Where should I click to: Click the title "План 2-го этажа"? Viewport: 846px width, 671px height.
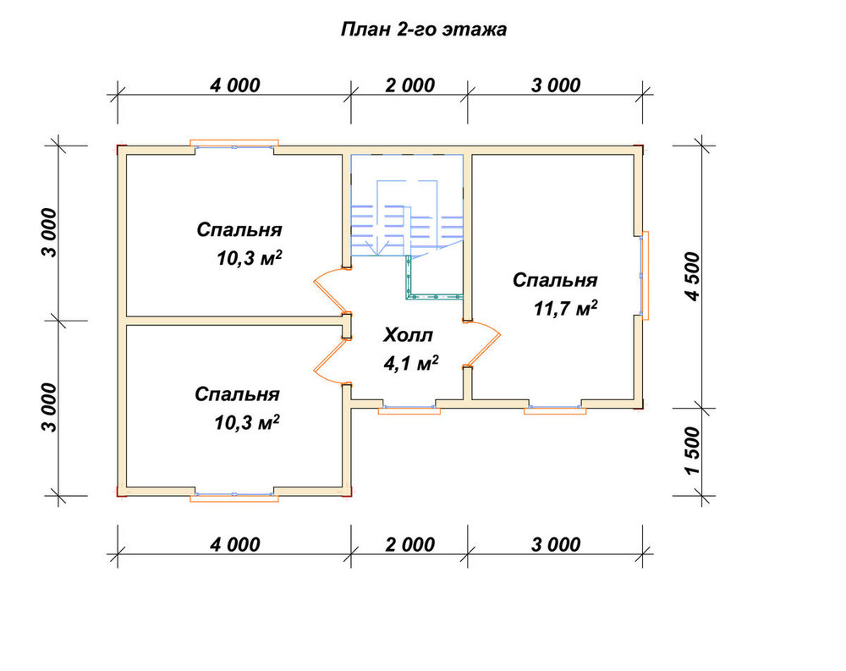coord(424,30)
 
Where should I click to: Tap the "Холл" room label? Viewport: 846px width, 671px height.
coord(408,335)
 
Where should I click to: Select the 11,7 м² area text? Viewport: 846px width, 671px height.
coord(565,308)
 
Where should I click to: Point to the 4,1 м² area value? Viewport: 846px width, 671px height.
coord(410,363)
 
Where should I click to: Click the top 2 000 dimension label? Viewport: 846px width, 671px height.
coord(410,85)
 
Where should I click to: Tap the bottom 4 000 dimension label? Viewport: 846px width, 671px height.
coord(235,545)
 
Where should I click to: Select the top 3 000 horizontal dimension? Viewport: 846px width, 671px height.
coord(556,85)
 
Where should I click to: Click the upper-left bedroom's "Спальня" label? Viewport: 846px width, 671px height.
coord(239,230)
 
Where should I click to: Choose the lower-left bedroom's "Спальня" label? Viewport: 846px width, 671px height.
coord(238,394)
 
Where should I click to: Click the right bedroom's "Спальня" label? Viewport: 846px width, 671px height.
coord(555,280)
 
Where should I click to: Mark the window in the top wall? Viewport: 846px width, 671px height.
coord(234,146)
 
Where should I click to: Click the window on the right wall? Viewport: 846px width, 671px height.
coord(643,275)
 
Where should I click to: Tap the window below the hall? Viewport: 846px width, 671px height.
coord(409,408)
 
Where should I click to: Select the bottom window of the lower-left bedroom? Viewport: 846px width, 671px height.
coord(234,494)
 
